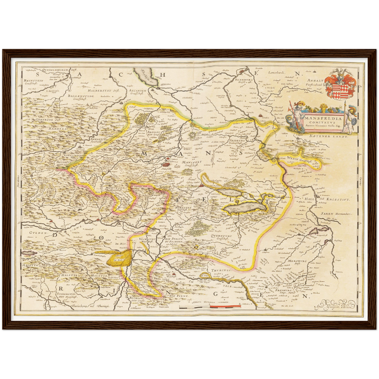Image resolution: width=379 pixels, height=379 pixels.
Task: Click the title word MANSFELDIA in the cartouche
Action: [323, 118]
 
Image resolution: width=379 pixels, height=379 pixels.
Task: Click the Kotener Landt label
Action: [328, 136]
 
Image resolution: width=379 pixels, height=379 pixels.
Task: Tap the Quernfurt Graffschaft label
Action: [222, 237]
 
